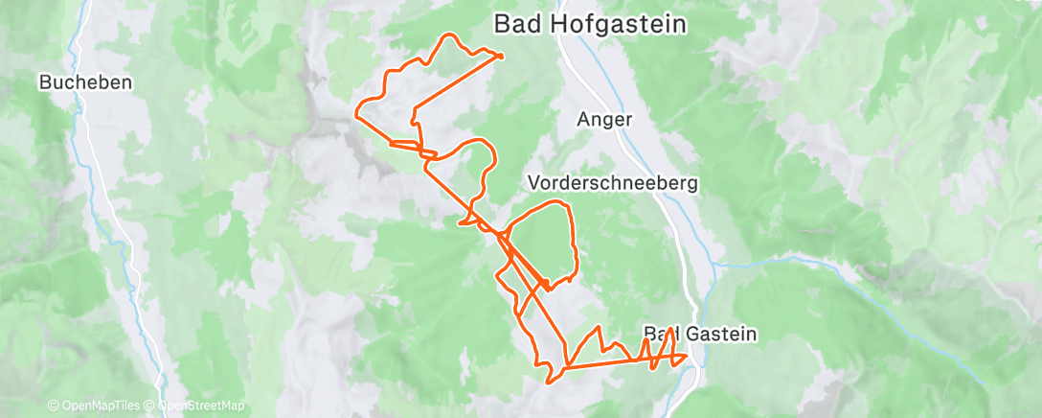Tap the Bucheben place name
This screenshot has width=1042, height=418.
click(x=85, y=83)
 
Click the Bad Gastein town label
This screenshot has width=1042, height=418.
click(x=700, y=335)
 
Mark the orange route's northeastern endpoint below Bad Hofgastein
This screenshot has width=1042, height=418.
click(x=502, y=57)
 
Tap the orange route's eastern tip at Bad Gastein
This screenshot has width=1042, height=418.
click(x=687, y=358)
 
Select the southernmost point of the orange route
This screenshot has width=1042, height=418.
click(x=549, y=383)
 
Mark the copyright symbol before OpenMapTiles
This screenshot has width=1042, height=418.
click(x=53, y=406)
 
